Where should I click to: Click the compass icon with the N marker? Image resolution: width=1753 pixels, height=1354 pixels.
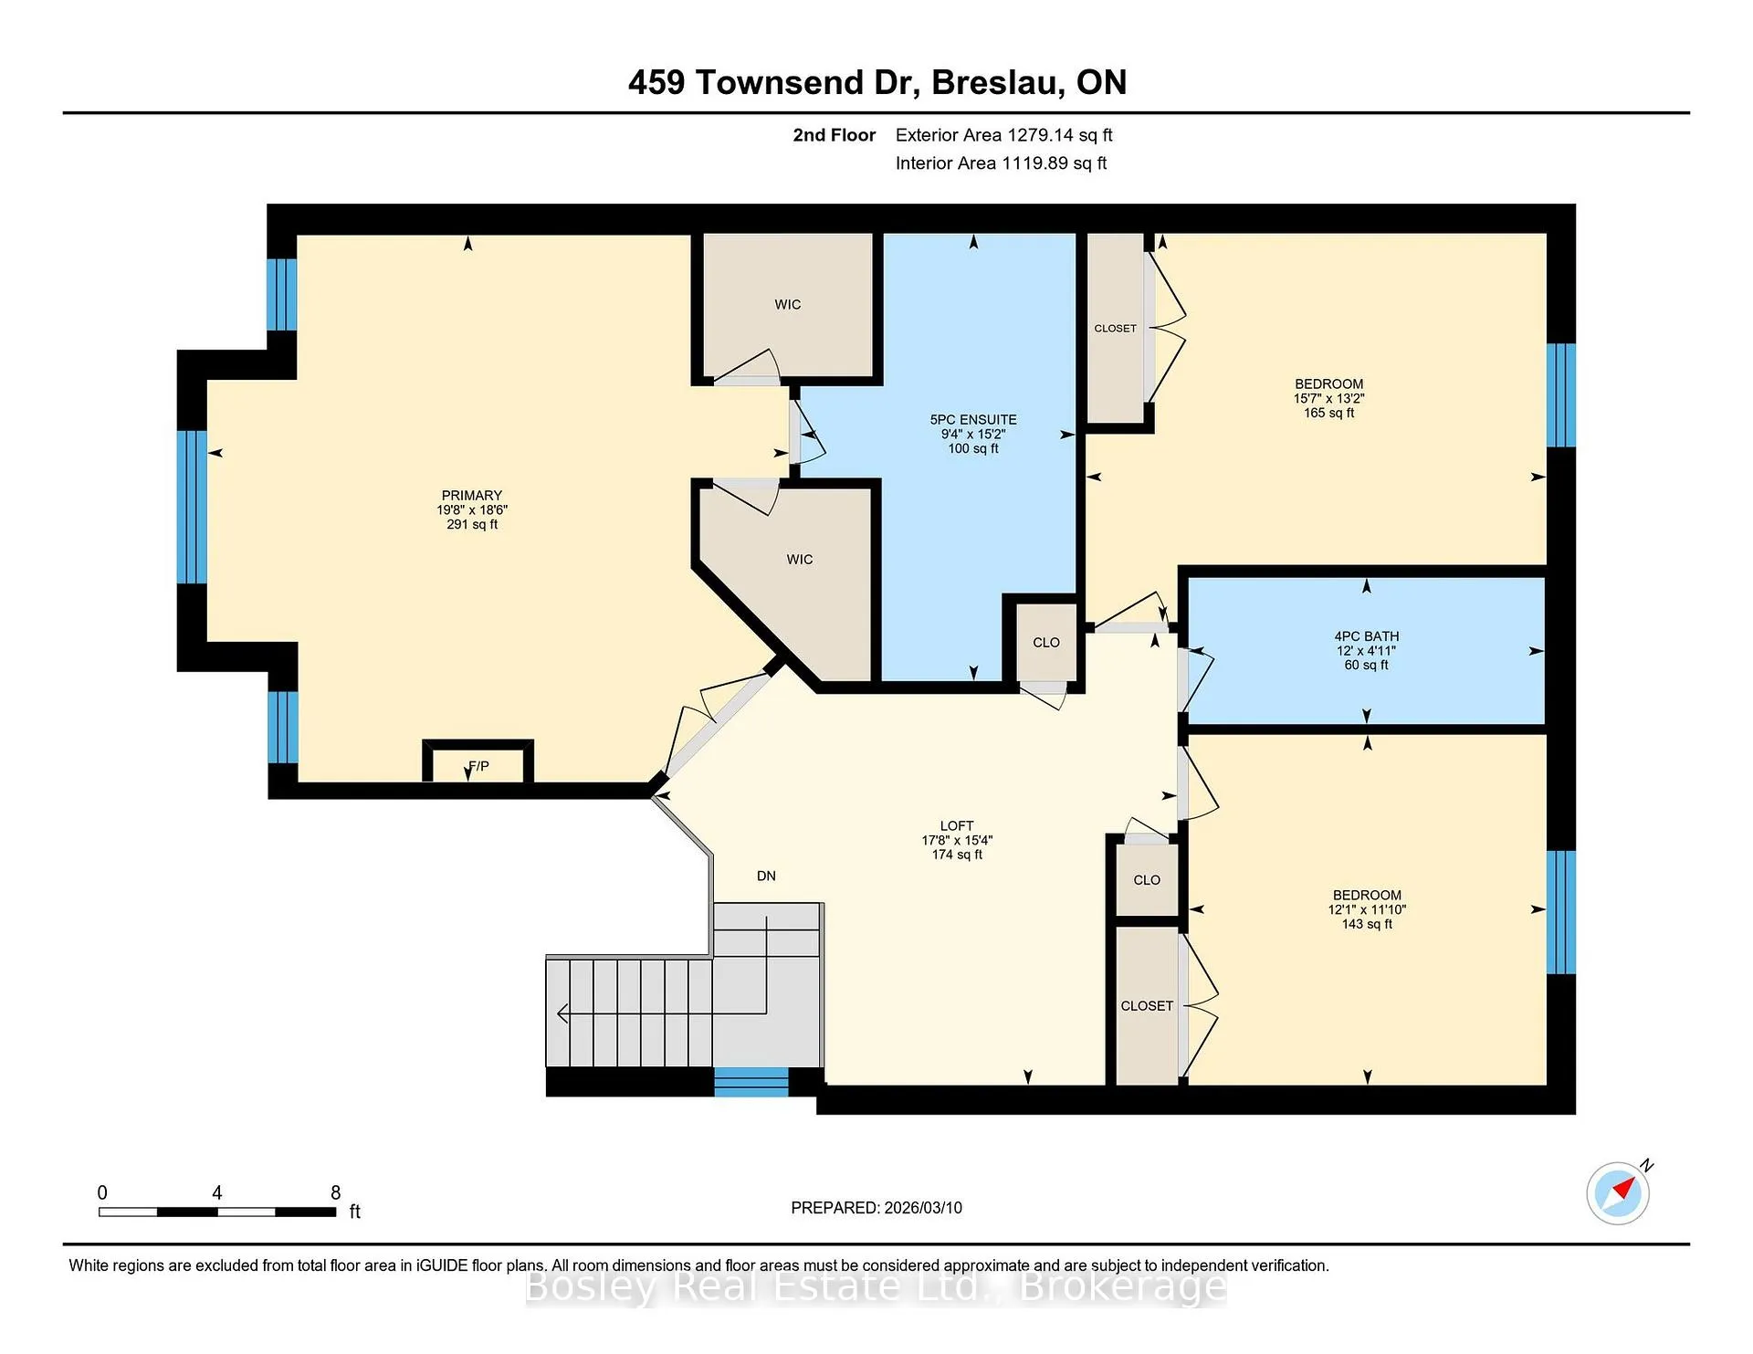coord(1618,1192)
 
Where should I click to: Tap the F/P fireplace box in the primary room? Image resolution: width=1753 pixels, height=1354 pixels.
coord(478,761)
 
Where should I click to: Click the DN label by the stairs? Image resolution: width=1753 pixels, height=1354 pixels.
coord(766,876)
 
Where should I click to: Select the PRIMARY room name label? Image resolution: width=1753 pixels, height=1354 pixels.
coord(472,496)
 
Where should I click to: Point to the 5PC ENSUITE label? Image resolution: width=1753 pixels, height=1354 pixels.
coord(973,420)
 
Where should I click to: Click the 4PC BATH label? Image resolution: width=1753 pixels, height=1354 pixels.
coord(1366,636)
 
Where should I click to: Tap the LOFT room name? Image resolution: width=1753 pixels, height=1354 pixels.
coord(957,825)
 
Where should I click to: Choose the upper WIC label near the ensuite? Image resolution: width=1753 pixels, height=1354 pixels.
coord(788,305)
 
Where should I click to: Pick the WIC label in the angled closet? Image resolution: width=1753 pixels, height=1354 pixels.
coord(800,560)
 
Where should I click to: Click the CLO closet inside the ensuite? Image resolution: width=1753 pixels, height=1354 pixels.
coord(1046,643)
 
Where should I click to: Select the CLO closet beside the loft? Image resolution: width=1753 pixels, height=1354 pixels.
coord(1147,880)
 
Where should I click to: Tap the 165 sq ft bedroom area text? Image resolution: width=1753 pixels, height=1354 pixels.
coord(1328,413)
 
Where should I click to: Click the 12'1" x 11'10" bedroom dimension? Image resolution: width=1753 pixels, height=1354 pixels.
coord(1367,909)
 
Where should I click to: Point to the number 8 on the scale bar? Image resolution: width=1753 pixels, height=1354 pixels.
coord(336,1192)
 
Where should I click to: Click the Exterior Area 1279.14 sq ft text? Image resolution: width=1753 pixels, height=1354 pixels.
coord(1003,135)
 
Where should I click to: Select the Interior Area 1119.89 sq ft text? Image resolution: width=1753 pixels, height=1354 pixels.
coord(1001,163)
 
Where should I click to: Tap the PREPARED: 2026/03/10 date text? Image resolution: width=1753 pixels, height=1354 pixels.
coord(876,1208)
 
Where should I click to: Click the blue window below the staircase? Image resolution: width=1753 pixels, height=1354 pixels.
coord(751,1082)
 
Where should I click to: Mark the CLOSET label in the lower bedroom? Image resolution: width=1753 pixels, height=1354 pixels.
coord(1147,1006)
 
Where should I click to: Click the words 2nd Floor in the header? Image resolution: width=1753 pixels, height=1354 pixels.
coord(834,135)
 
